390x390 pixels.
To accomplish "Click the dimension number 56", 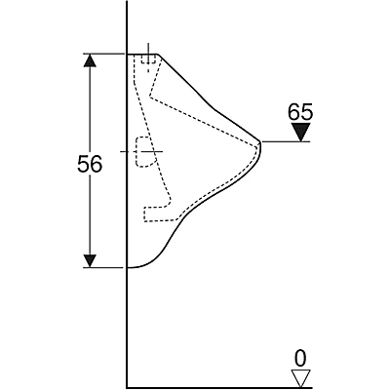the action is pos(90,164).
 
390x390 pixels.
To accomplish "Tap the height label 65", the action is pos(300,112).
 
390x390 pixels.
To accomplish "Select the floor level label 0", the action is pos(300,359).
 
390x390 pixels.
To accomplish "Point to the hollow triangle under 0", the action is pos(300,378).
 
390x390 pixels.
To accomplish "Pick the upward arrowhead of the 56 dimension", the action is pos(90,60).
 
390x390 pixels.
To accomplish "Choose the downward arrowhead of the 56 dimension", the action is pos(90,261).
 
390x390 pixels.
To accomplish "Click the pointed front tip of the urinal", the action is pos(261,142).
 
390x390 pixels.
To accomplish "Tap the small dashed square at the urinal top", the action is pos(148,58).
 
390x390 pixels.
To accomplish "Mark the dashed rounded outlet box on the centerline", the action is pos(145,152).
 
